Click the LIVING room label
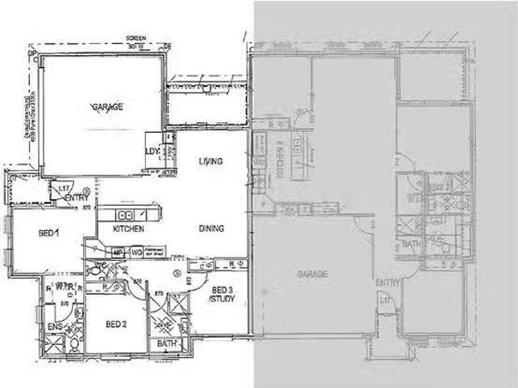click(210, 160)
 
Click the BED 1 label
click(49, 233)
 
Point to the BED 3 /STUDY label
click(222, 295)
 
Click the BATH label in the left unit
click(167, 343)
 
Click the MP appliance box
click(117, 254)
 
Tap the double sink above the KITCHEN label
click(126, 215)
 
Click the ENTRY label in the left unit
click(78, 198)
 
